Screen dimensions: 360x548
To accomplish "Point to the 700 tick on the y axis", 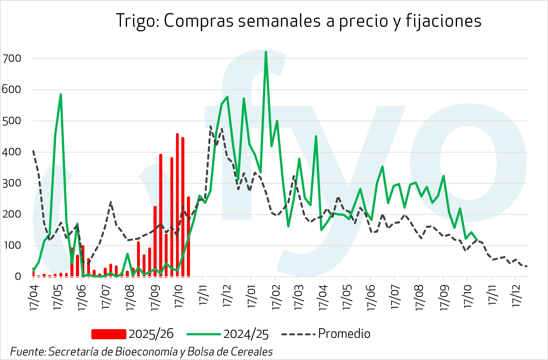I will pyautogui.click(x=12, y=59).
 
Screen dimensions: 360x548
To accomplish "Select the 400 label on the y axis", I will pyautogui.click(x=12, y=152).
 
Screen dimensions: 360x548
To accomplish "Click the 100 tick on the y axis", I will pyautogui.click(x=12, y=246).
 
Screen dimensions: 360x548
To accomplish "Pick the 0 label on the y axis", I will pyautogui.click(x=18, y=277).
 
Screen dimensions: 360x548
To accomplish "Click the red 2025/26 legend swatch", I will pyautogui.click(x=109, y=334).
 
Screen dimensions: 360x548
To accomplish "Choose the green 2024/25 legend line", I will pyautogui.click(x=204, y=334).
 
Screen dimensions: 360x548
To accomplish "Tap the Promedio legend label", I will pyautogui.click(x=344, y=334).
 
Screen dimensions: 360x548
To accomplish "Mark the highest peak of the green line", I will pyautogui.click(x=266, y=52).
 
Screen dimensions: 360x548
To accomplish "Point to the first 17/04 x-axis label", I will pyautogui.click(x=34, y=297).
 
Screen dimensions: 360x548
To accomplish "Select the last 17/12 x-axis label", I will pyautogui.click(x=516, y=296).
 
